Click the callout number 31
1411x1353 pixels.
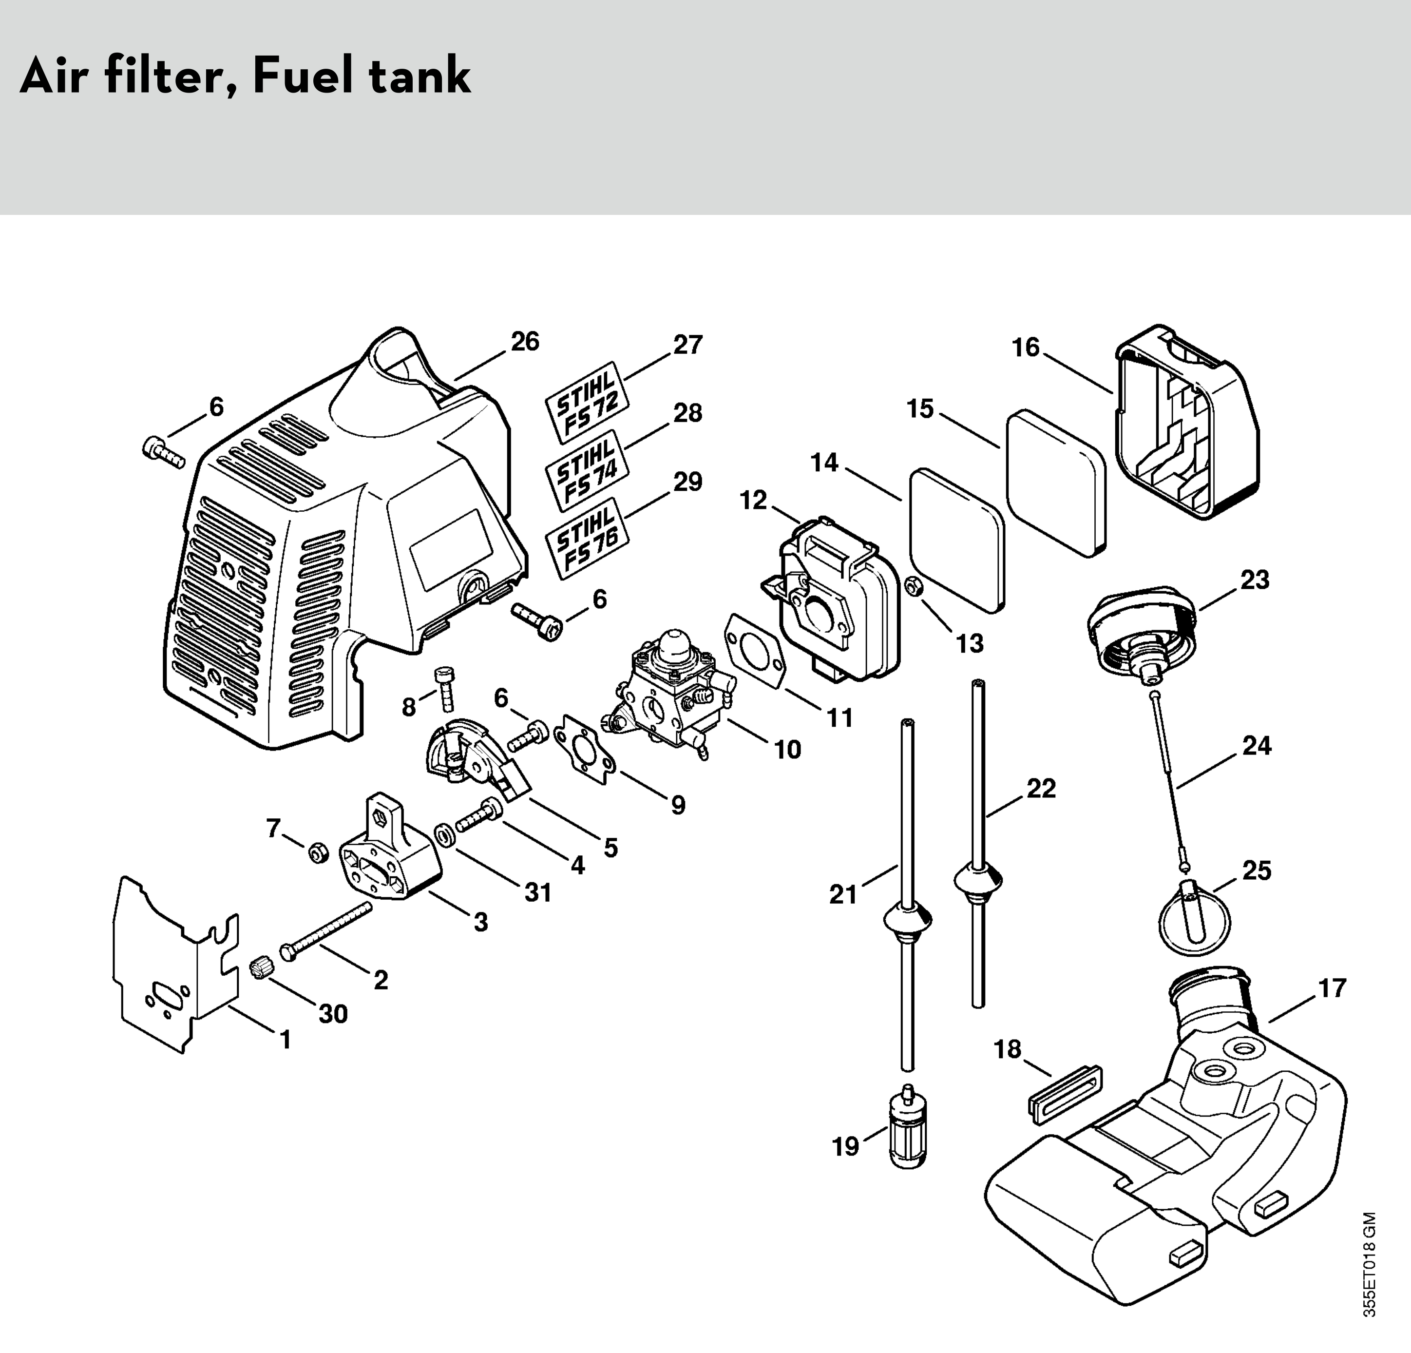point(538,893)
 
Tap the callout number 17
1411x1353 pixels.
point(1332,988)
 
